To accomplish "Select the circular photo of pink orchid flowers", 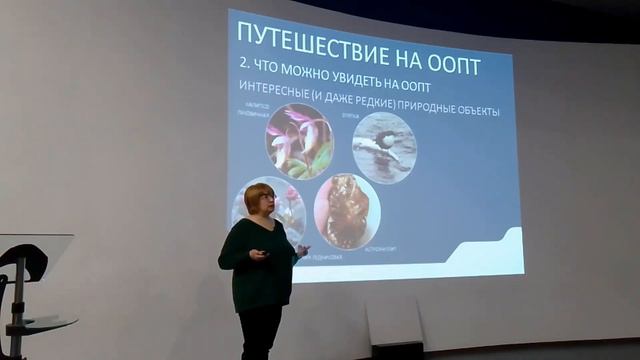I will pos(299,141).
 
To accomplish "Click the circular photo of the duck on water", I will pos(385,147).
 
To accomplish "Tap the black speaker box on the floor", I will pos(397,350).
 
